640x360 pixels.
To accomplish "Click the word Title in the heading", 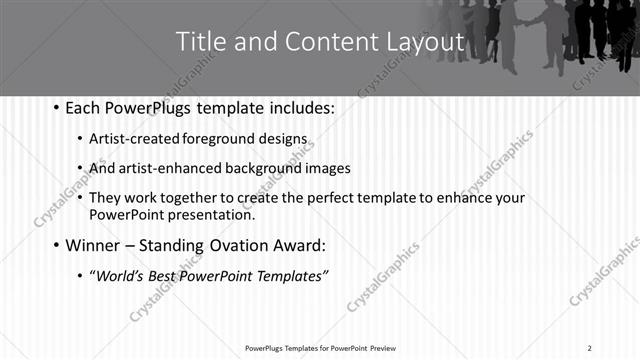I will pyautogui.click(x=200, y=42).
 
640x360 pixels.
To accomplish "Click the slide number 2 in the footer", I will pyautogui.click(x=590, y=348).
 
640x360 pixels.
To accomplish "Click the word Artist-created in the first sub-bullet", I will pyautogui.click(x=135, y=138).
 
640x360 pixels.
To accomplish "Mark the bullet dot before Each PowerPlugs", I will pyautogui.click(x=56, y=106).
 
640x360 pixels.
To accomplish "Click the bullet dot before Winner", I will pyautogui.click(x=56, y=244).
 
